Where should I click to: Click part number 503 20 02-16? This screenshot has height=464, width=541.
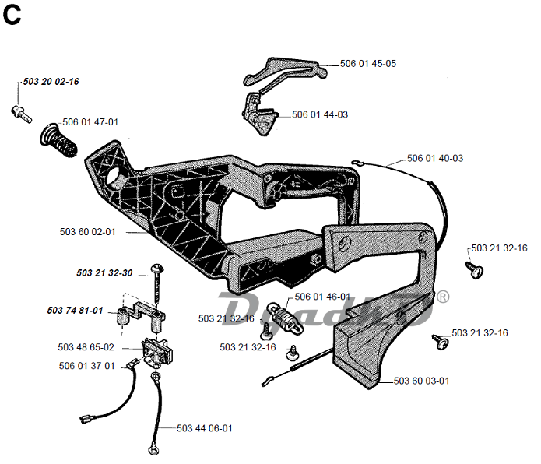pyautogui.click(x=51, y=82)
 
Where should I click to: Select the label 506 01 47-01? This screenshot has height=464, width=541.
pyautogui.click(x=90, y=122)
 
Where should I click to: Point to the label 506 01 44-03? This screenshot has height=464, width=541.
pyautogui.click(x=319, y=114)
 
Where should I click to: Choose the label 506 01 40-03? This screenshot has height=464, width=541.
pyautogui.click(x=434, y=158)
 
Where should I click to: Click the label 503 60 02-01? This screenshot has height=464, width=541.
pyautogui.click(x=87, y=231)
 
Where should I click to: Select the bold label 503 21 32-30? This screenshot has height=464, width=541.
pyautogui.click(x=104, y=273)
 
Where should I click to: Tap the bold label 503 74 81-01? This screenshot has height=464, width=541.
pyautogui.click(x=75, y=311)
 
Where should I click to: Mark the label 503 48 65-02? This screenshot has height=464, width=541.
pyautogui.click(x=86, y=347)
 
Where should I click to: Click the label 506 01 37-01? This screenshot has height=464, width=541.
pyautogui.click(x=86, y=365)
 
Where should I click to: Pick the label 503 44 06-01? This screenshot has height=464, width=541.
pyautogui.click(x=204, y=428)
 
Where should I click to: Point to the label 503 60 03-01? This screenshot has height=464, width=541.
pyautogui.click(x=421, y=381)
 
